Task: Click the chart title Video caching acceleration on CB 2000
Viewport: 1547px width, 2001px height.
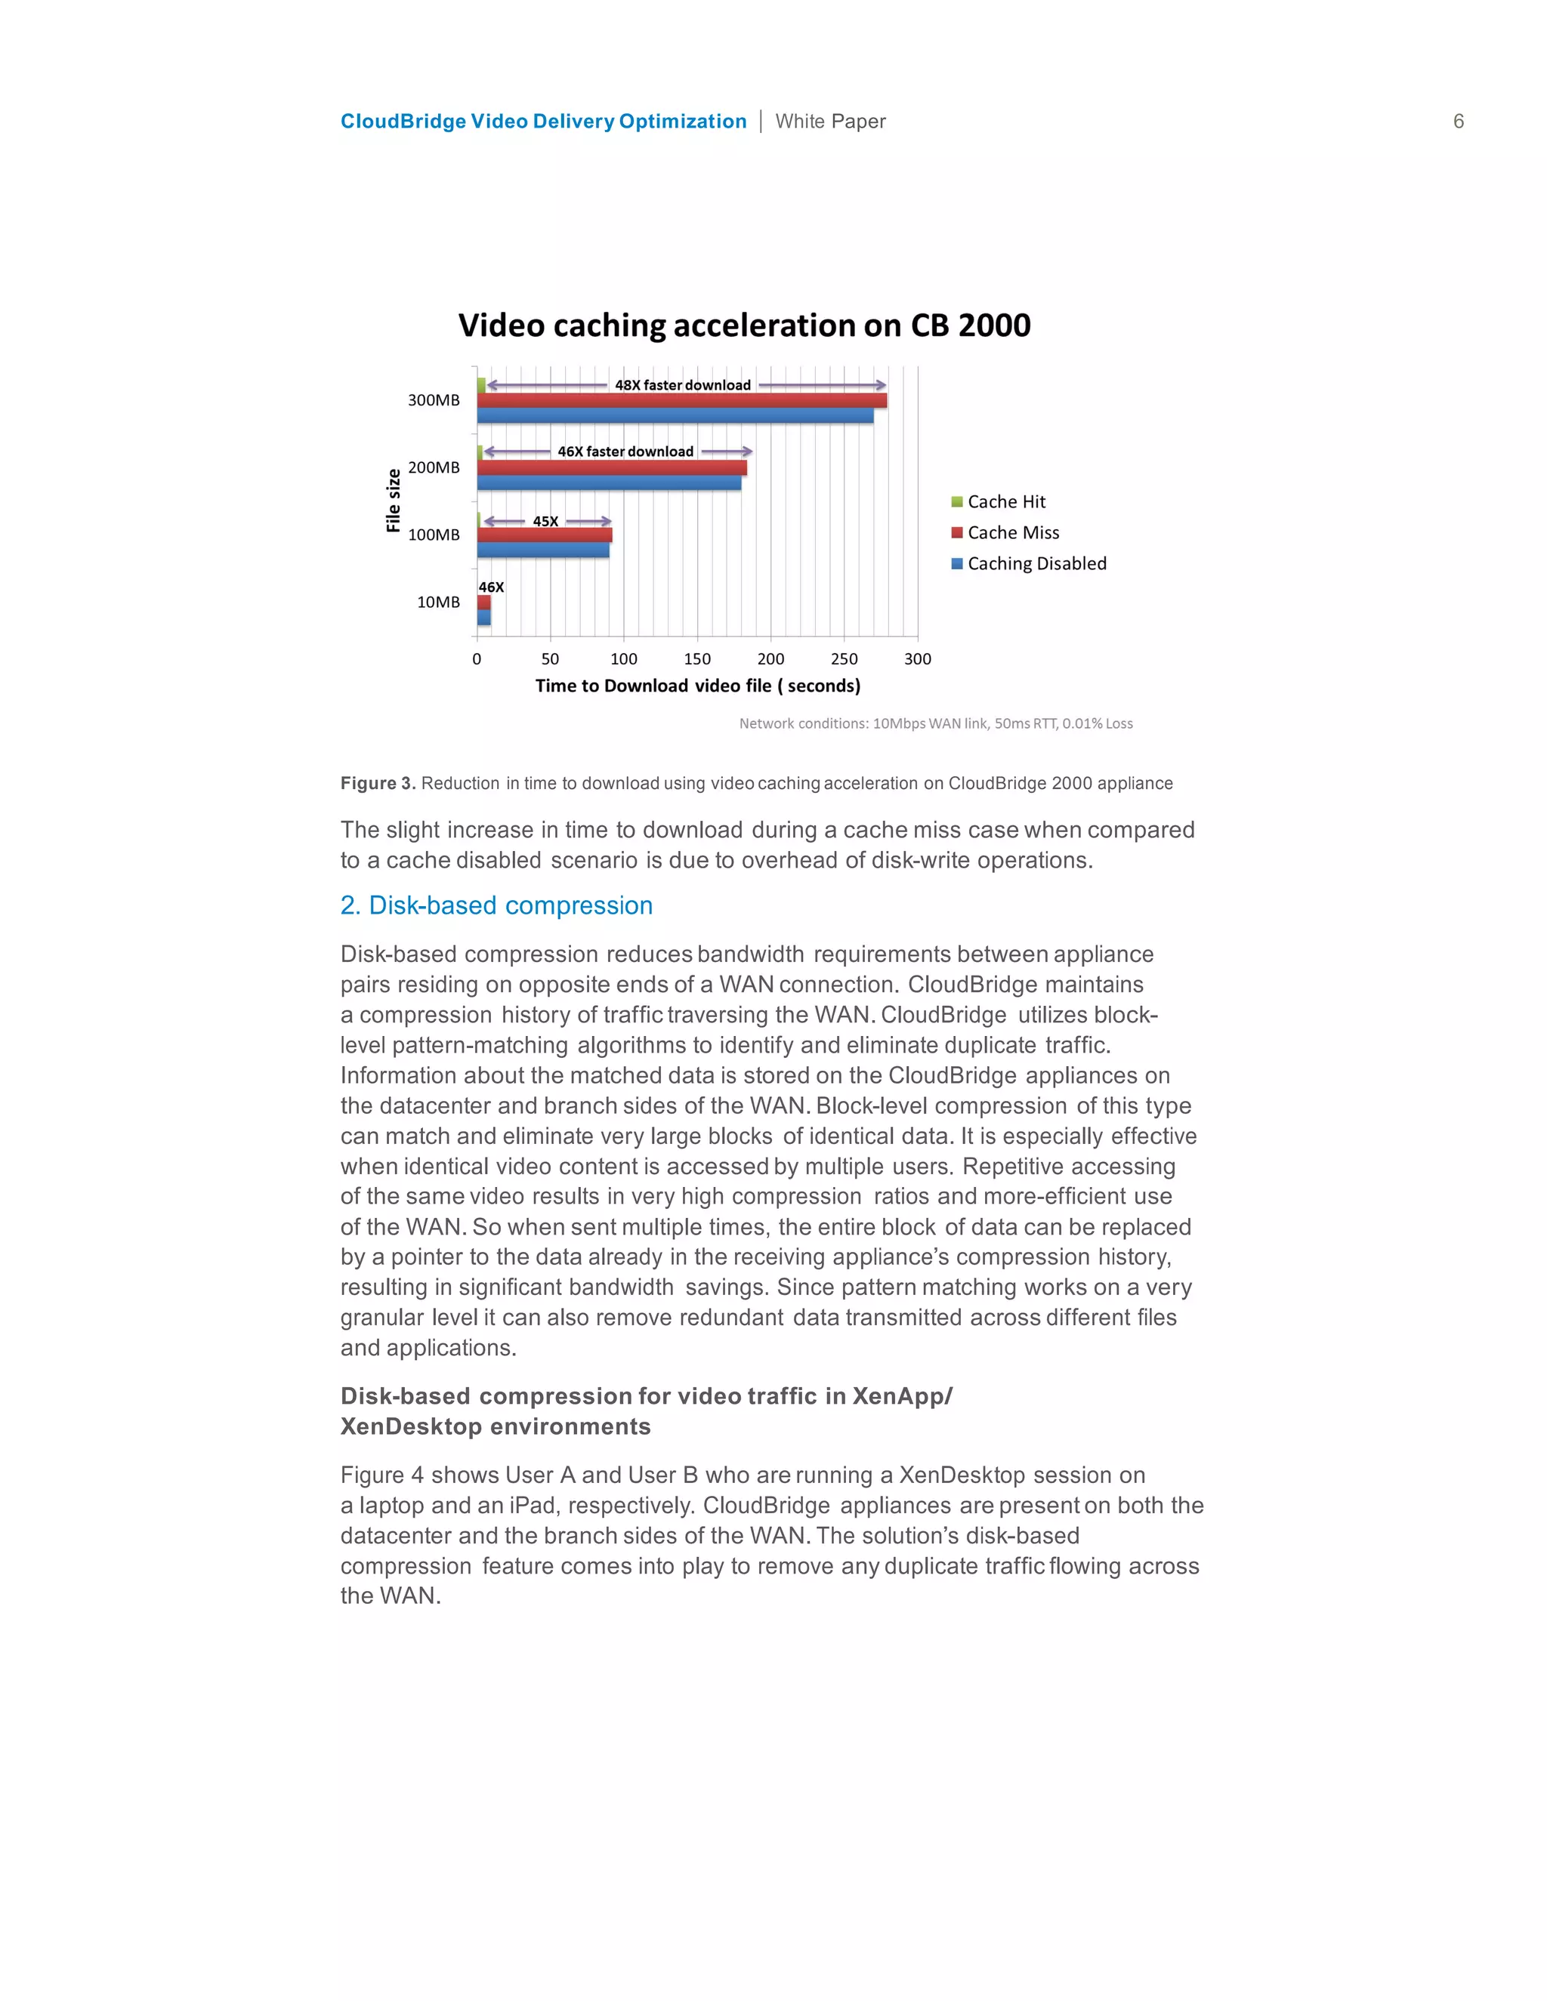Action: (x=744, y=325)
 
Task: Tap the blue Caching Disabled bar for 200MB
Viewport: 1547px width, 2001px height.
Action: (x=609, y=483)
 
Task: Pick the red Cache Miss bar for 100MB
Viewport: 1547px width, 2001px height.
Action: (x=545, y=535)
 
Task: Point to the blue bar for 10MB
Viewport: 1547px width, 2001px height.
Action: (x=484, y=618)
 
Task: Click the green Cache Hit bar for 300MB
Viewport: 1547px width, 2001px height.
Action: (x=481, y=385)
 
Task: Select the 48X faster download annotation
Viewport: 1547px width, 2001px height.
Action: (x=683, y=385)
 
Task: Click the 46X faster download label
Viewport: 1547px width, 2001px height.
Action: (x=626, y=452)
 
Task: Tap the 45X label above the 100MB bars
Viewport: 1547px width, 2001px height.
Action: (x=545, y=521)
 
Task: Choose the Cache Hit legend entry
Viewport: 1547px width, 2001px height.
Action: (x=1005, y=502)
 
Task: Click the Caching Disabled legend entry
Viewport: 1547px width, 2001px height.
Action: (x=1036, y=563)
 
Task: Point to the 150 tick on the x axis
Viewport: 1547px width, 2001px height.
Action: (x=697, y=658)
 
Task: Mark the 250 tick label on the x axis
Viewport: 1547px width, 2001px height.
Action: (x=844, y=658)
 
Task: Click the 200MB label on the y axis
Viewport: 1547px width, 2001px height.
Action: (x=434, y=467)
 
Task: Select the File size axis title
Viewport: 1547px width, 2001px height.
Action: (x=393, y=500)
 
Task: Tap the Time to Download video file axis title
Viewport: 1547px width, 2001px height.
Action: (x=697, y=686)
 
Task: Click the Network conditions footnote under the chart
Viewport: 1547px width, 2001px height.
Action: (x=936, y=724)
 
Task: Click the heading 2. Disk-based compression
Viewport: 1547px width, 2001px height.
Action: (x=497, y=905)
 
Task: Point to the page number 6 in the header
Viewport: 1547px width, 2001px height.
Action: (x=1458, y=122)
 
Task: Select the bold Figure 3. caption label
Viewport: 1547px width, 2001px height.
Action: (x=378, y=783)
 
